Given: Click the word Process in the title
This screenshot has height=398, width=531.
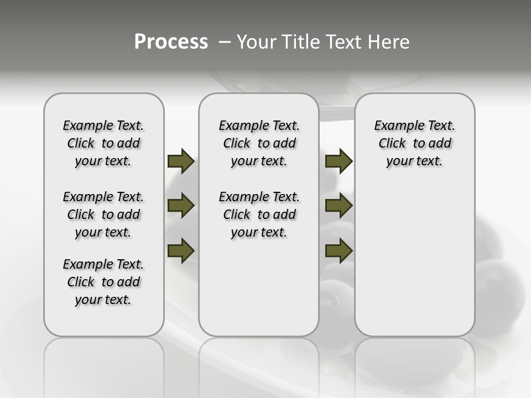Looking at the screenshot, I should pos(171,41).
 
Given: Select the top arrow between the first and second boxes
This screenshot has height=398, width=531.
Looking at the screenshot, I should pos(181,161).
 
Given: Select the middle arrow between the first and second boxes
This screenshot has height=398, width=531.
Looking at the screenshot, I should pos(181,206).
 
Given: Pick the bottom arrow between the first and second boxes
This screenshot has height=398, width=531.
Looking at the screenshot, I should pos(181,250).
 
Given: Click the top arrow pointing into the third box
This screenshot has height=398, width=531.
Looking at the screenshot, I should pos(339,161).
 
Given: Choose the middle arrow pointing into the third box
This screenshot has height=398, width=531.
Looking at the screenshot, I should pos(339,206).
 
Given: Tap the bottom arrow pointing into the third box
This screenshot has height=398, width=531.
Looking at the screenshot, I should pos(339,250).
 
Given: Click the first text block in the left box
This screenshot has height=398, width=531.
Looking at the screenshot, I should pos(103,143).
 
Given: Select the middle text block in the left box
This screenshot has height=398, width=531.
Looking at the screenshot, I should pos(103,214).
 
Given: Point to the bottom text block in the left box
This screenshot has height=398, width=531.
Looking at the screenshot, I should pos(103,282).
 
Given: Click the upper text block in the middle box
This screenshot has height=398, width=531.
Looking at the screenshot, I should pos(259,143).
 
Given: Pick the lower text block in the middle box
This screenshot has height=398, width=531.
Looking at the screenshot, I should pos(259,214).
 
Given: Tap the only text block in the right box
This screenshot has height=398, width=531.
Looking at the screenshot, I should pos(414,143).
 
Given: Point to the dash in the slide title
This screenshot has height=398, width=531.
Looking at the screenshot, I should pos(225,42).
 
